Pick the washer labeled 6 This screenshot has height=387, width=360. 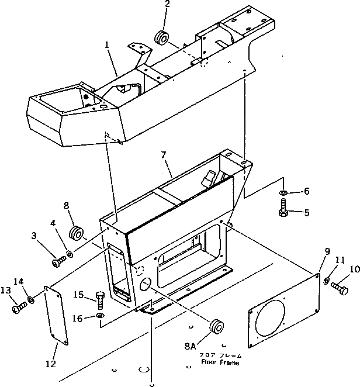[x=283, y=192]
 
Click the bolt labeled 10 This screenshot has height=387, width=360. [x=339, y=288]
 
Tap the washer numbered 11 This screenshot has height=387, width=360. [x=327, y=281]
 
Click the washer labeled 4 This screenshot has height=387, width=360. [x=70, y=253]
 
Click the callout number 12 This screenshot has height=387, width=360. [x=50, y=364]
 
